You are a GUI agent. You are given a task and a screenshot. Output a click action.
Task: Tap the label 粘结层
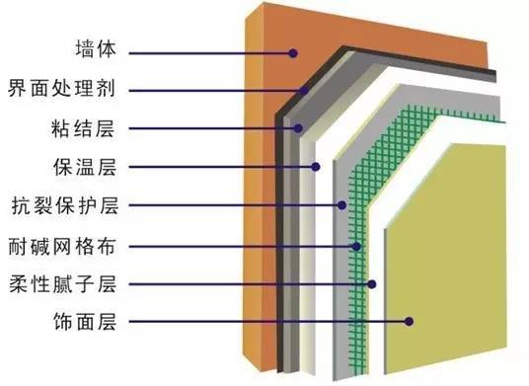click(x=96, y=127)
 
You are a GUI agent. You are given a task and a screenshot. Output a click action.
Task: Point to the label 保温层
click(x=96, y=166)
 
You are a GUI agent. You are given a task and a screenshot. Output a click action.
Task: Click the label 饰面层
click(x=96, y=321)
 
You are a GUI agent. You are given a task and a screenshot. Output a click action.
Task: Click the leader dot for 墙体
click(x=293, y=50)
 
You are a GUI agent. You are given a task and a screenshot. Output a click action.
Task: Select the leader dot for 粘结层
click(x=297, y=128)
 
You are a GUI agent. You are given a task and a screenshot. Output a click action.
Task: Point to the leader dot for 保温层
click(x=317, y=167)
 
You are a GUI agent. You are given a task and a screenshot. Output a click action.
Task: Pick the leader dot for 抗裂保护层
click(x=341, y=205)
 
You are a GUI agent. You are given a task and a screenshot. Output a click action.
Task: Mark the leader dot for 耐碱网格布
click(x=358, y=245)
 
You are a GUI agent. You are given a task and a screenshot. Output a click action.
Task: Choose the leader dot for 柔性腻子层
click(x=373, y=283)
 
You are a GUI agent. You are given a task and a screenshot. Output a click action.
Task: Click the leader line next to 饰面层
click(x=266, y=321)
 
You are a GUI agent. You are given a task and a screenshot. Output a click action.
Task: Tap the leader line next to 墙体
click(x=207, y=50)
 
